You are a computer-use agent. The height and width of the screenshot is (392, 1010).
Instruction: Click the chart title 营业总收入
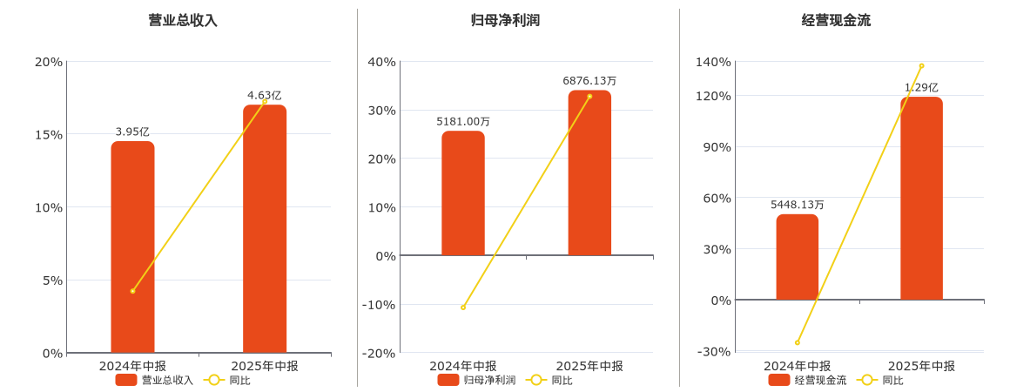click(x=183, y=20)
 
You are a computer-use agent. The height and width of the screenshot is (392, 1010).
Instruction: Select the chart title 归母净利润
click(x=505, y=20)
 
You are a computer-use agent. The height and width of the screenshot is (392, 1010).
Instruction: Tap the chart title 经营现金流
click(x=836, y=20)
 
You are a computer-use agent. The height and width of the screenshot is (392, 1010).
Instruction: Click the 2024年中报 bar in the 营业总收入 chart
click(x=132, y=247)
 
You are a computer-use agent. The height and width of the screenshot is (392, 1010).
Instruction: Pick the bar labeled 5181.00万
click(x=463, y=193)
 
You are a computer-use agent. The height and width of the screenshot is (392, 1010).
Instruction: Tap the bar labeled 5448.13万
click(x=797, y=257)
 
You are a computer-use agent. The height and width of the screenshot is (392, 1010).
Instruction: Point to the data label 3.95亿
click(x=132, y=132)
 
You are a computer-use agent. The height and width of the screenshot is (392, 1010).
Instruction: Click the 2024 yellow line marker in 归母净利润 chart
click(x=463, y=308)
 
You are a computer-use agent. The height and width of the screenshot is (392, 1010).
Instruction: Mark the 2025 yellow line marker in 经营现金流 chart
click(x=921, y=66)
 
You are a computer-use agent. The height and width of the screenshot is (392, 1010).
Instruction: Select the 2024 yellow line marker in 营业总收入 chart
click(x=132, y=291)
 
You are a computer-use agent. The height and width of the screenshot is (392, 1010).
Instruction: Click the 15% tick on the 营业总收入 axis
click(x=48, y=134)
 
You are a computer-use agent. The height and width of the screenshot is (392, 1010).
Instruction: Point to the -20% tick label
click(x=380, y=353)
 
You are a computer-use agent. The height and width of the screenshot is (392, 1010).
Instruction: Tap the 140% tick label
click(x=714, y=62)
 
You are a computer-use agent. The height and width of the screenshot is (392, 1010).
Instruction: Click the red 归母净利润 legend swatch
click(x=448, y=380)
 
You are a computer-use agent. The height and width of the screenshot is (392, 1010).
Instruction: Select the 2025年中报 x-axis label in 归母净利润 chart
click(x=589, y=366)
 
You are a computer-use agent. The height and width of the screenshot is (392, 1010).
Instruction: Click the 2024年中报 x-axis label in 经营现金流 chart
click(x=797, y=366)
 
